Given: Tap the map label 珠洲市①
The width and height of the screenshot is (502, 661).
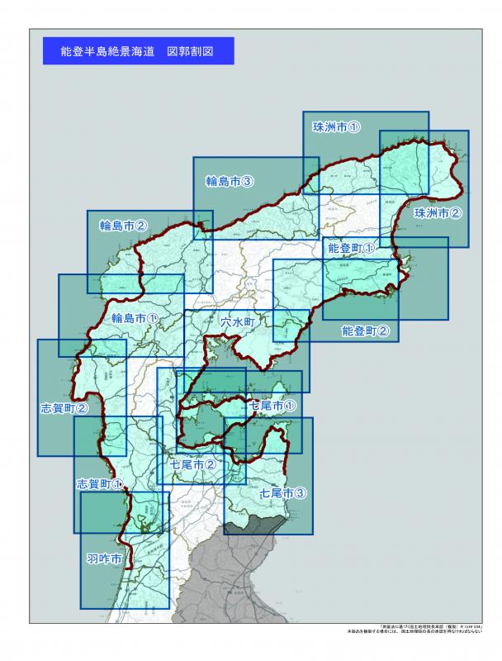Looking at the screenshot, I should (x=336, y=127).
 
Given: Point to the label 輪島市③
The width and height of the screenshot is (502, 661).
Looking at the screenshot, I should (x=229, y=181).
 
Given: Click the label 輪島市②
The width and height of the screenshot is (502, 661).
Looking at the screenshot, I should (x=124, y=225).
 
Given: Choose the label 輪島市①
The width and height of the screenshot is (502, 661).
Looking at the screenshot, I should (x=135, y=317).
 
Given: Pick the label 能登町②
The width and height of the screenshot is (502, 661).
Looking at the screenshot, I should (x=365, y=330).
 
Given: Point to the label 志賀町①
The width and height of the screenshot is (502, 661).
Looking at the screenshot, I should (x=100, y=483).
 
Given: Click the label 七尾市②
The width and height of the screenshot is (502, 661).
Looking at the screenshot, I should (x=193, y=465).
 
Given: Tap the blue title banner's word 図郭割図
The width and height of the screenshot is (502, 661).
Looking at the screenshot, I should (x=190, y=51).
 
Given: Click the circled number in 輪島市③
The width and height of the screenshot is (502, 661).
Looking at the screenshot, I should (x=246, y=181).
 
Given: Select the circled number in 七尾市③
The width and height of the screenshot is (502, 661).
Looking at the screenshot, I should (x=301, y=493).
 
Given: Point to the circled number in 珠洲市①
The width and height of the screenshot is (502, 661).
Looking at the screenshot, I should (x=353, y=127).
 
